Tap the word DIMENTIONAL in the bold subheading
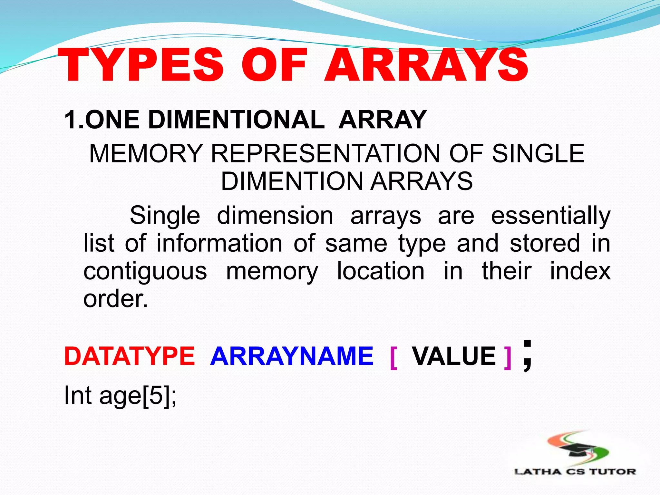pyautogui.click(x=237, y=120)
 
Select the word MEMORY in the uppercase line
pyautogui.click(x=146, y=153)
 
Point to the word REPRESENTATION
pyautogui.click(x=325, y=153)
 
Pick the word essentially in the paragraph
pyautogui.click(x=550, y=215)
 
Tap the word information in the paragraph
pyautogui.click(x=219, y=243)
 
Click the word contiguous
pyautogui.click(x=145, y=271)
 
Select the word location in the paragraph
pyautogui.click(x=381, y=271)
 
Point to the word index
pyautogui.click(x=580, y=271)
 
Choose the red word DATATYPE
pyautogui.click(x=130, y=356)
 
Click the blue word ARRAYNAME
pyautogui.click(x=292, y=356)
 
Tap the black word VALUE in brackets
pyautogui.click(x=454, y=356)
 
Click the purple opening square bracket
pyautogui.click(x=393, y=358)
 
